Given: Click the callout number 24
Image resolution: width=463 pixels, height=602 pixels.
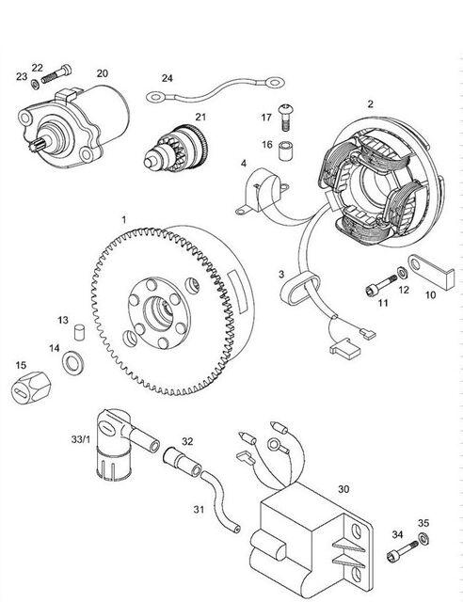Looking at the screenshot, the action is point(168,78).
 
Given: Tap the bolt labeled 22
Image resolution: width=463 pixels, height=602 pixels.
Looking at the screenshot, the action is point(56,74).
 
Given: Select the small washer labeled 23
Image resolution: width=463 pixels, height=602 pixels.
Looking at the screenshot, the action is point(36,84).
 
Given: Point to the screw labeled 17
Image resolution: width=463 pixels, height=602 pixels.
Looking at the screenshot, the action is point(285,117).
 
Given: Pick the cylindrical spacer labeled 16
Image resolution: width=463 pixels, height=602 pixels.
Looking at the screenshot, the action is point(286,150).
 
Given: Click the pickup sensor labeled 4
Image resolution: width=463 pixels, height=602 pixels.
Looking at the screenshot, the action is point(262,191).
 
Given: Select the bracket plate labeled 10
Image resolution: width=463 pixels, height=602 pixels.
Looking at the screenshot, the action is point(431,271).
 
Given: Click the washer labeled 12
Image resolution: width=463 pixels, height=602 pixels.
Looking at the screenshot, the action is point(403,273).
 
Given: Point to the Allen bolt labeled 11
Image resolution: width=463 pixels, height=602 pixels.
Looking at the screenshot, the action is point(381,285).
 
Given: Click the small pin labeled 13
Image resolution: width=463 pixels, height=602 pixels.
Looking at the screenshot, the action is point(80,332).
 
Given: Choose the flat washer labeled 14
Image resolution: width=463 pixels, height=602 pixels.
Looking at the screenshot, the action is point(73,363).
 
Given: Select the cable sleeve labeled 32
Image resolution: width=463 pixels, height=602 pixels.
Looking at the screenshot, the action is point(183,461).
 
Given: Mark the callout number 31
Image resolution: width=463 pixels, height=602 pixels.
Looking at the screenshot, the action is point(199,510).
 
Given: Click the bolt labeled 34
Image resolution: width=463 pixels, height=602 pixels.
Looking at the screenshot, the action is point(402,551).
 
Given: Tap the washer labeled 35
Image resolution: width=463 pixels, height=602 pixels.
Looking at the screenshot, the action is point(423,538).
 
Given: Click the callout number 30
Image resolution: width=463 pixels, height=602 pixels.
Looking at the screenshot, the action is point(343,489).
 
